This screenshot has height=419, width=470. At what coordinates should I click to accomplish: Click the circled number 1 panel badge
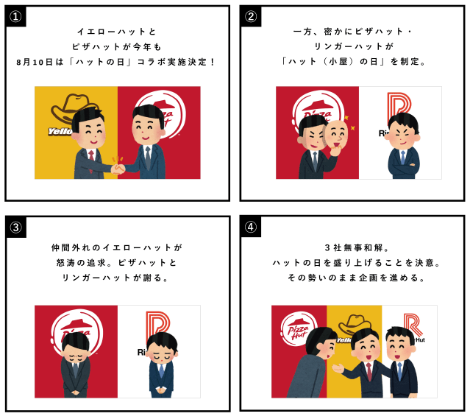pyautogui.click(x=15, y=16)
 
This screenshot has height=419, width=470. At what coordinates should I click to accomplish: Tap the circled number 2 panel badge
pyautogui.click(x=251, y=16)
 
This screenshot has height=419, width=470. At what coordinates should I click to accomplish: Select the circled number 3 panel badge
pyautogui.click(x=16, y=228)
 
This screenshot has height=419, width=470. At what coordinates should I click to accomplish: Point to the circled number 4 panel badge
pyautogui.click(x=251, y=227)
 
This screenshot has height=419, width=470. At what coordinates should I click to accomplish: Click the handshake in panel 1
pyautogui.click(x=118, y=169)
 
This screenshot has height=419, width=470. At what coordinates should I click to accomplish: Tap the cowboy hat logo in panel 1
pyautogui.click(x=74, y=109)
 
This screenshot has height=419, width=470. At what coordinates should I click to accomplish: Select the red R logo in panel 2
pyautogui.click(x=399, y=105)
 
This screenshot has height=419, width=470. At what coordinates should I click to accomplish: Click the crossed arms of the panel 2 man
pyautogui.click(x=403, y=164)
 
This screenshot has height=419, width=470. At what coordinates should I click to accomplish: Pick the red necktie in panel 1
pyautogui.click(x=91, y=156)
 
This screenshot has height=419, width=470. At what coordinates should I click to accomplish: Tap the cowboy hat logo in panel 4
pyautogui.click(x=355, y=324)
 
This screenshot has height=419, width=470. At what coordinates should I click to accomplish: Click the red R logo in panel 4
pyautogui.click(x=413, y=324)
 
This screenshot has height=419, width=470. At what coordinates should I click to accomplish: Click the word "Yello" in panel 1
pyautogui.click(x=60, y=131)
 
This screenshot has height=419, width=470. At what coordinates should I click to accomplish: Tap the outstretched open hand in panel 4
pyautogui.click(x=338, y=367)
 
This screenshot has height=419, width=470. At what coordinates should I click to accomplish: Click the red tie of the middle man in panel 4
pyautogui.click(x=368, y=372)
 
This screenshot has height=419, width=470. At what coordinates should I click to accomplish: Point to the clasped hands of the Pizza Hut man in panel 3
pyautogui.click(x=76, y=392)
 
